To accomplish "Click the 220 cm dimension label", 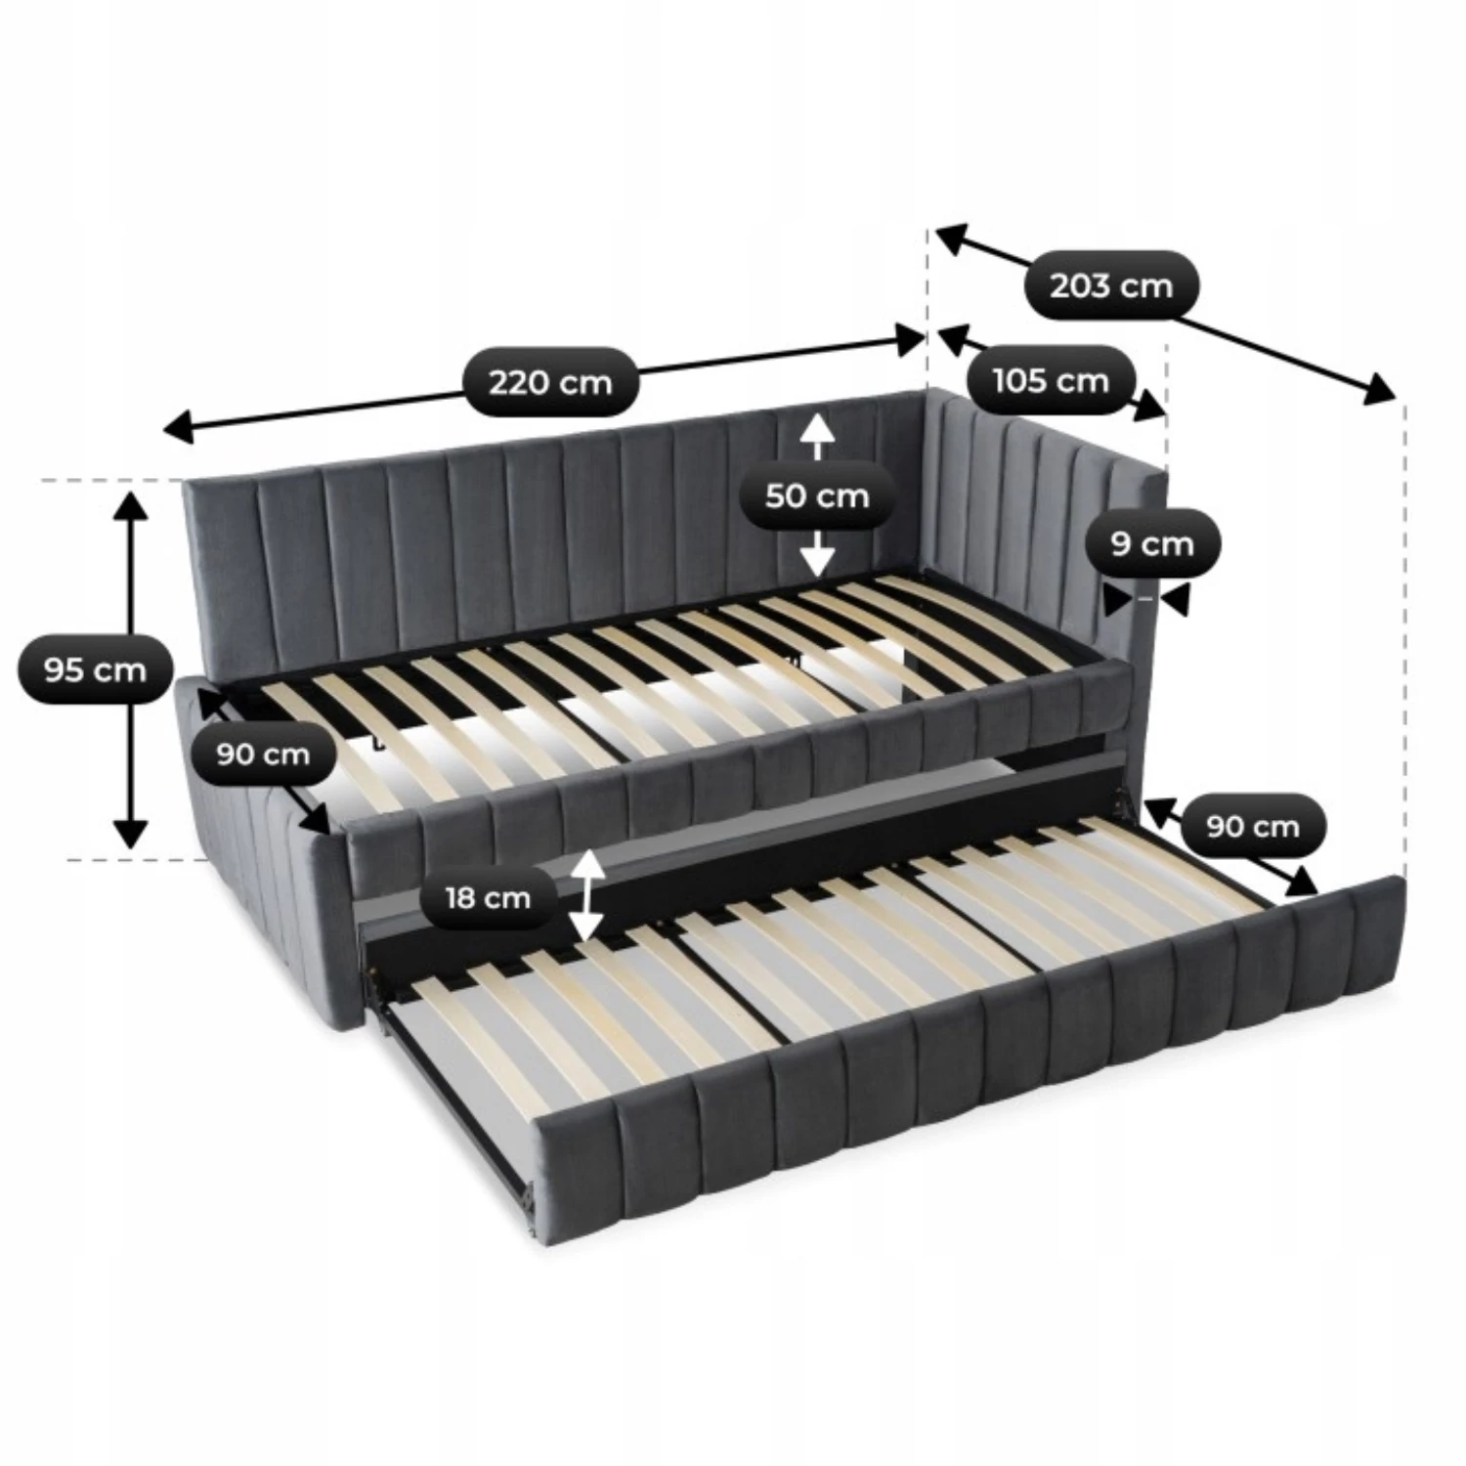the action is click(x=550, y=381).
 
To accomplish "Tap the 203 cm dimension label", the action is click(x=1111, y=285).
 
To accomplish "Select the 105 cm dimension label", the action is click(x=1052, y=379).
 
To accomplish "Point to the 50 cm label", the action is click(x=817, y=496).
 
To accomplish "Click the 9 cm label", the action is click(x=1152, y=542).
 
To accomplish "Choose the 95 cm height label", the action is click(x=95, y=669).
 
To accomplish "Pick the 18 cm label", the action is click(x=488, y=897).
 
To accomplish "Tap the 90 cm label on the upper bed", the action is click(x=263, y=754).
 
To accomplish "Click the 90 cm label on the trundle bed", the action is click(x=1253, y=826).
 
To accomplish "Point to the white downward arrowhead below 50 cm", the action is click(x=817, y=561).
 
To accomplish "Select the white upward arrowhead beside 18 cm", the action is click(x=586, y=864).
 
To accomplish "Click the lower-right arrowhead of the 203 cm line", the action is click(x=1381, y=390).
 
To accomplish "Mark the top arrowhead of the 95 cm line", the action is click(x=130, y=507).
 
